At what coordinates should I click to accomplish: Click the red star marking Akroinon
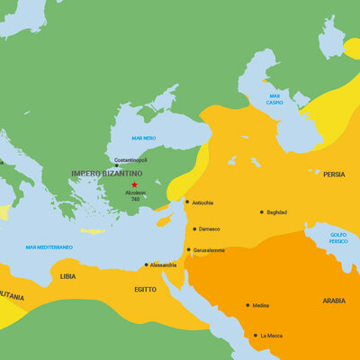(134, 184)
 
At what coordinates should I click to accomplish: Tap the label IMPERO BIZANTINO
(108, 173)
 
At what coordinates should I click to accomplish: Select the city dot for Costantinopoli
(116, 166)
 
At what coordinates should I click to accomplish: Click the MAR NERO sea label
(144, 138)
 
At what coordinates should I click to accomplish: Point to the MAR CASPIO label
(274, 100)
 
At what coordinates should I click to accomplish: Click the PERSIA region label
(333, 174)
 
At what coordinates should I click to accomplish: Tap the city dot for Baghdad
(262, 212)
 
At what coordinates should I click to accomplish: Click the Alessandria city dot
(146, 265)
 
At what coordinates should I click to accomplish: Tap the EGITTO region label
(145, 290)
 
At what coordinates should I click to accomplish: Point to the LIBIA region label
(68, 276)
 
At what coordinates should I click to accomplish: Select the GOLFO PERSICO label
(337, 238)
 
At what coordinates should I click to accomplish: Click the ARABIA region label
(333, 301)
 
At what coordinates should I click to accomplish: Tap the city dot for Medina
(247, 305)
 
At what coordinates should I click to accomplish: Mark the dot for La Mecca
(255, 336)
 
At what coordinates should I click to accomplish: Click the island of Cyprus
(164, 220)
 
